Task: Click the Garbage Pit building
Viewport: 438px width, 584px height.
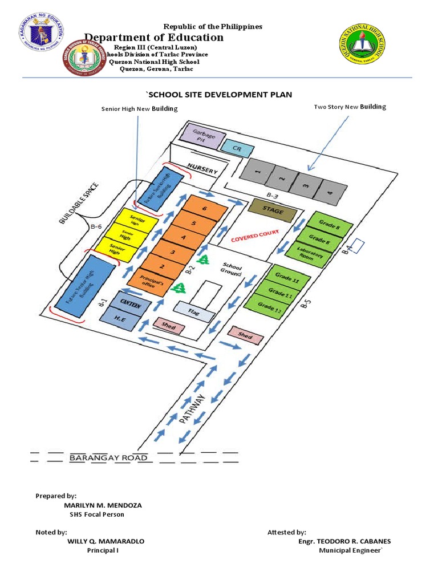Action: (198, 136)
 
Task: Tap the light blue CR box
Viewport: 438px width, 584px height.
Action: (233, 147)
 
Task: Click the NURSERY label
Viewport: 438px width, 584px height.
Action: (199, 171)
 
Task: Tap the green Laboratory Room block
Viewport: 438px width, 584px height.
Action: (308, 254)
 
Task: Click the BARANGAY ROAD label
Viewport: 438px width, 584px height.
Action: (108, 458)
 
